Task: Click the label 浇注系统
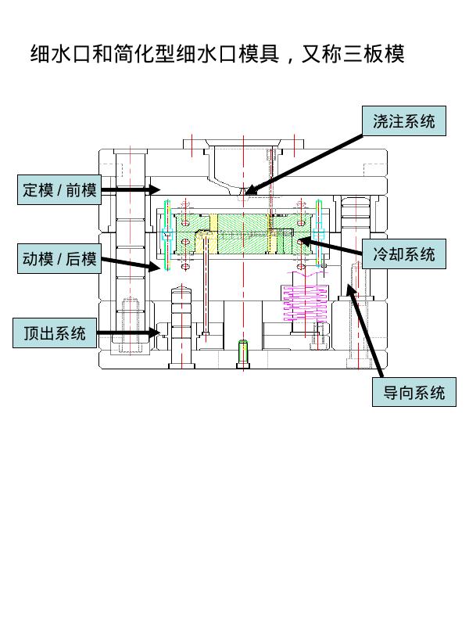coord(404,121)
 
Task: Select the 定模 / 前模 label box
coord(60,190)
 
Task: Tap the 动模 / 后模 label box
coord(60,259)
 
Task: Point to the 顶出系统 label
coord(55,333)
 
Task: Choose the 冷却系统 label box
coord(404,254)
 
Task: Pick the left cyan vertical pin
coord(166,235)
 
